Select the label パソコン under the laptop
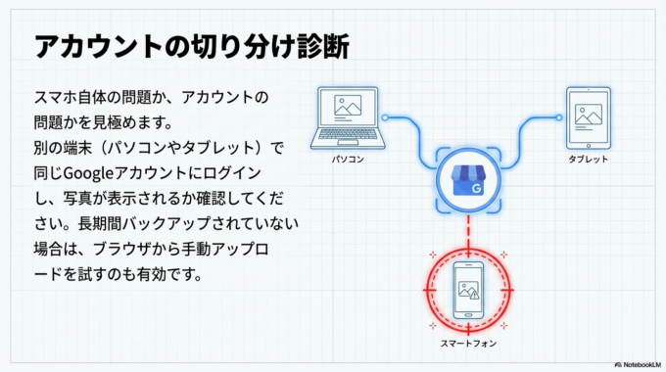tap(348, 157)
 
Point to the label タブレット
tap(588, 159)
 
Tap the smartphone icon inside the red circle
tap(467, 291)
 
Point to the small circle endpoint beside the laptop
tap(386, 117)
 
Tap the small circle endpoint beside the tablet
tap(553, 117)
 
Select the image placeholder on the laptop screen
tap(348, 106)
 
